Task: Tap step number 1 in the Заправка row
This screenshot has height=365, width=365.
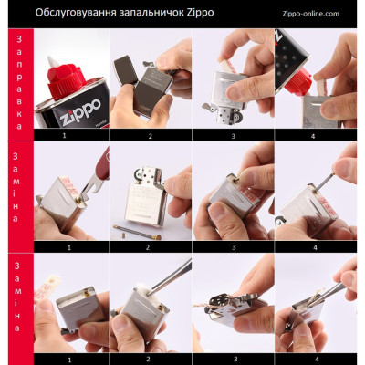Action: [64, 134]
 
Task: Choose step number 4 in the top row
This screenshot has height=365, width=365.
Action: [316, 134]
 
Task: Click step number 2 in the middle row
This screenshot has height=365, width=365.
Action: [148, 246]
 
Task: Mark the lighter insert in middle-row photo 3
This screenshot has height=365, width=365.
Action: [228, 205]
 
